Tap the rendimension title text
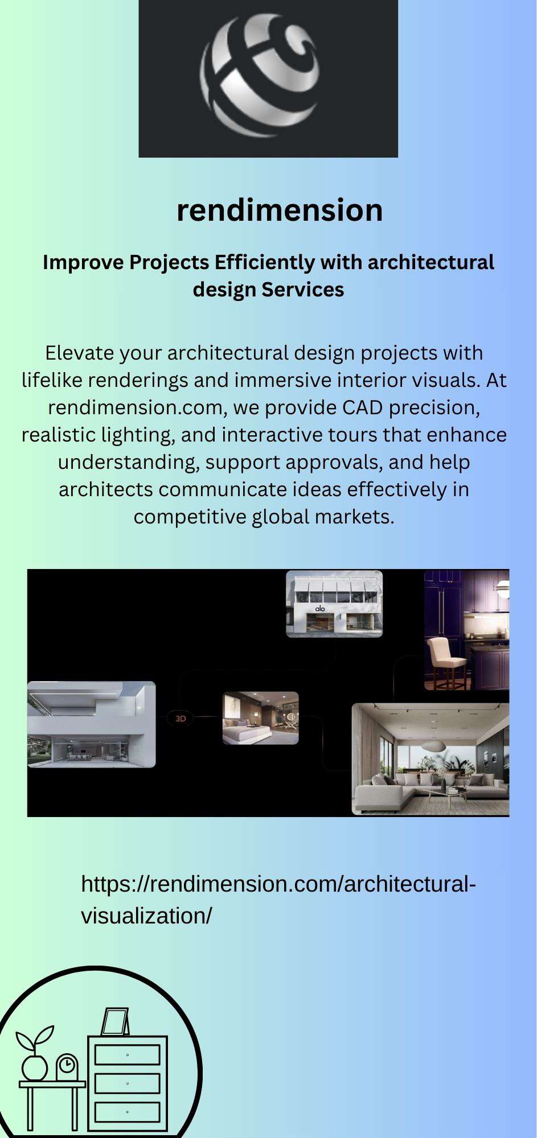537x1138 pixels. coord(280,210)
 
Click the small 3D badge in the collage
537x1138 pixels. coord(181,719)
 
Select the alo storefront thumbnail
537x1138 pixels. coord(334,604)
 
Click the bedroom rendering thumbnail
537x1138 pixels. coord(260,718)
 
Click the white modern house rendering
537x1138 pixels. coord(91,724)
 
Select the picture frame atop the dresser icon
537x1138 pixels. coord(115,1022)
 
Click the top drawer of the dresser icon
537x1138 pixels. coord(127,1055)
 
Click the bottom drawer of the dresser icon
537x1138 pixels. coord(127,1112)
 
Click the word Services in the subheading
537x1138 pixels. coord(303,290)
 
